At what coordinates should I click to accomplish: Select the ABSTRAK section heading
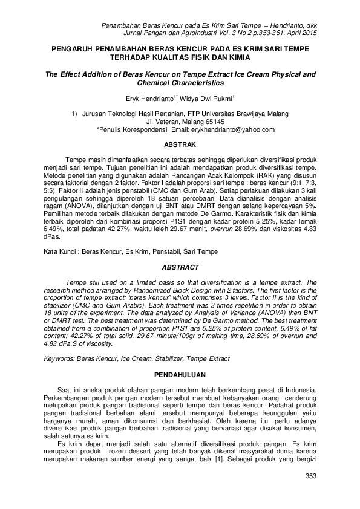point(180,145)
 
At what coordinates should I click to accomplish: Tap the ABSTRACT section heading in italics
point(180,267)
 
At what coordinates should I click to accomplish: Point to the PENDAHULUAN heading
point(180,375)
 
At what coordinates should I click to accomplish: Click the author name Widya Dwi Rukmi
point(209,97)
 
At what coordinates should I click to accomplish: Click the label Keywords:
point(62,359)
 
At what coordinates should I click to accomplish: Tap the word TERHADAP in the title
point(130,57)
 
